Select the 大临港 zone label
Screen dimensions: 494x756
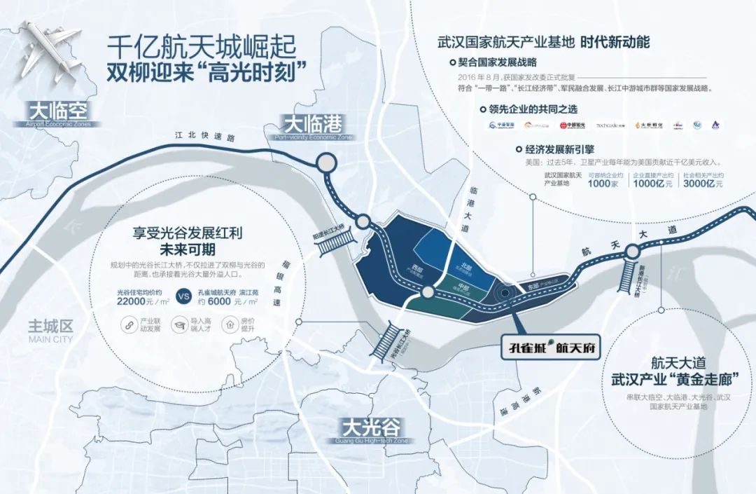tap(312, 125)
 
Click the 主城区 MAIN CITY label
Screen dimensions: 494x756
tap(50, 330)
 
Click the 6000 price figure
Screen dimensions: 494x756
tap(225, 301)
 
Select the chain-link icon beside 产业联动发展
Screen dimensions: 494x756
tap(128, 325)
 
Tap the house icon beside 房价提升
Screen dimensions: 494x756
tap(229, 325)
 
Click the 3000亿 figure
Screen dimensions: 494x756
tap(703, 183)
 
